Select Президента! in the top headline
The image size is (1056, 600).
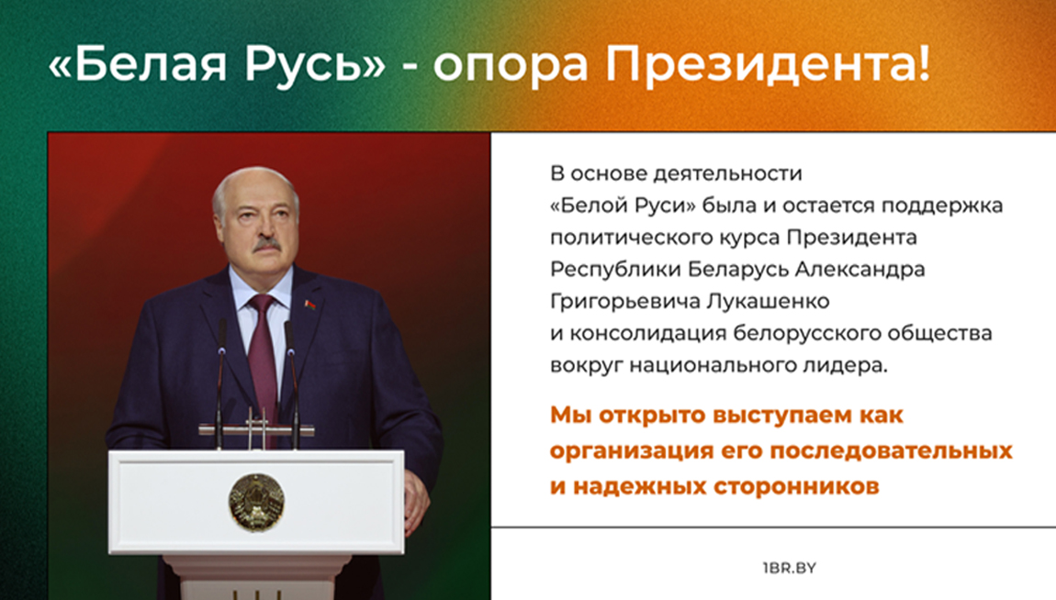(768, 64)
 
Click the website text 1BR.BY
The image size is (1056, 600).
(790, 568)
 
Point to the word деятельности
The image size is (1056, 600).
(728, 173)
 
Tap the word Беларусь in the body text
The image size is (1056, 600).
(738, 269)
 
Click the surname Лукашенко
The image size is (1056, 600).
(768, 301)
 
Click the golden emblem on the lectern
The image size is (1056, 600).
(256, 502)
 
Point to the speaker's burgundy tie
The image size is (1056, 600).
(264, 357)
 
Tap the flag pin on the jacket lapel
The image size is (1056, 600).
(309, 306)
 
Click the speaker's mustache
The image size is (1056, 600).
(266, 245)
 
